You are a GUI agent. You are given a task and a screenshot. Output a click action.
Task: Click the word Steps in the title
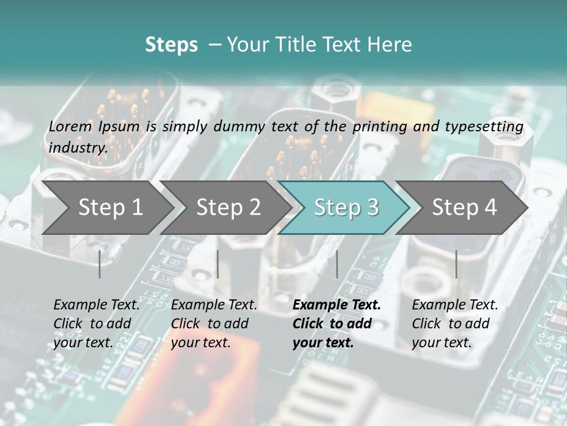point(171,44)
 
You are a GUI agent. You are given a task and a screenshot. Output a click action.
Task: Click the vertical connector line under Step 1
point(100,264)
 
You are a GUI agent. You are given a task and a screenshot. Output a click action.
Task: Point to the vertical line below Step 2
point(218,264)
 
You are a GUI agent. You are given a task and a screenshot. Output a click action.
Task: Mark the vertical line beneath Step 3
point(337,264)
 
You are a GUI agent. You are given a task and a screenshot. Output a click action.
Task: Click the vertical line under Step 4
point(456,264)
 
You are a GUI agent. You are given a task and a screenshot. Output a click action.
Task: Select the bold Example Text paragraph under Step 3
point(336,324)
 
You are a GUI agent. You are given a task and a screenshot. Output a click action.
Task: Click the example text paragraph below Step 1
point(96,324)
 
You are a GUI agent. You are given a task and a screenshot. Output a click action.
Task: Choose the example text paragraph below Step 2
point(214,324)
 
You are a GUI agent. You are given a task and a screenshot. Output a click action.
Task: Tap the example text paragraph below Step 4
point(455,324)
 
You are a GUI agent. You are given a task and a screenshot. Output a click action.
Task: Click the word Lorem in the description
point(71,127)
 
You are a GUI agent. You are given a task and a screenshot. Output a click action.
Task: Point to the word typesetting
point(490,127)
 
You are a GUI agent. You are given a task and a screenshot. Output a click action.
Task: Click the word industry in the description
point(77,148)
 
